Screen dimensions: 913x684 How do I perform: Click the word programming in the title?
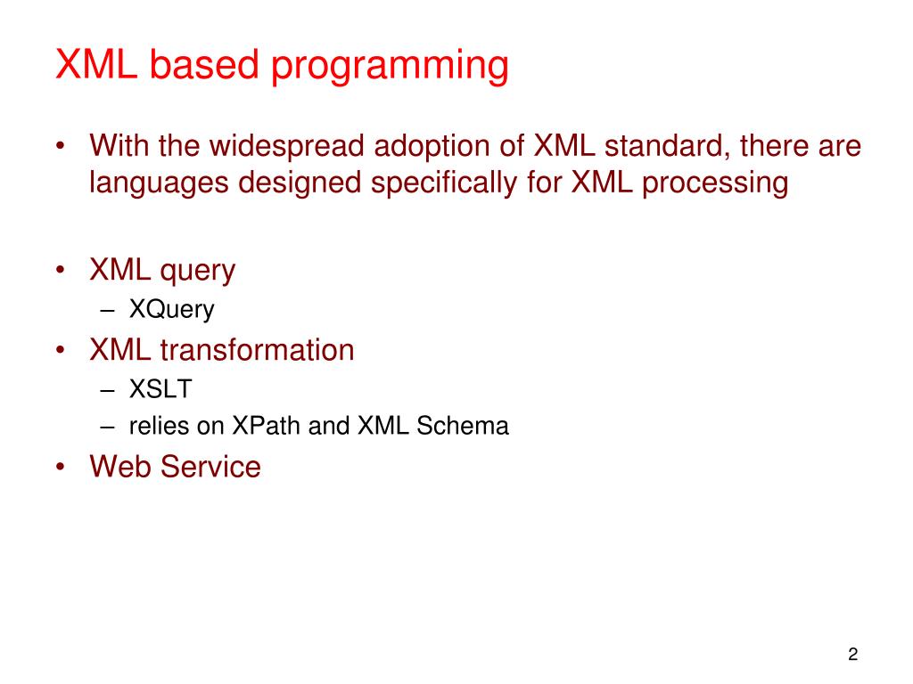point(390,66)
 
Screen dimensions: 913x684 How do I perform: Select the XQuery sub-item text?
point(172,310)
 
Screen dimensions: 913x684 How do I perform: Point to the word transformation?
point(257,350)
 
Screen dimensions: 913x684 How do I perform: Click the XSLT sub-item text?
point(160,389)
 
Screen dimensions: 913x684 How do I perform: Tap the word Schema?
point(463,426)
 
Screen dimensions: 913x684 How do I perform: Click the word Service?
point(210,467)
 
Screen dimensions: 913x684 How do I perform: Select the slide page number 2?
point(853,655)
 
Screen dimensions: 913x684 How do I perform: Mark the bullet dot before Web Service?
point(61,467)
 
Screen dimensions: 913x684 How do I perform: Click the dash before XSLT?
point(107,390)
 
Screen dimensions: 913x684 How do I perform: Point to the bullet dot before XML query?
point(61,270)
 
